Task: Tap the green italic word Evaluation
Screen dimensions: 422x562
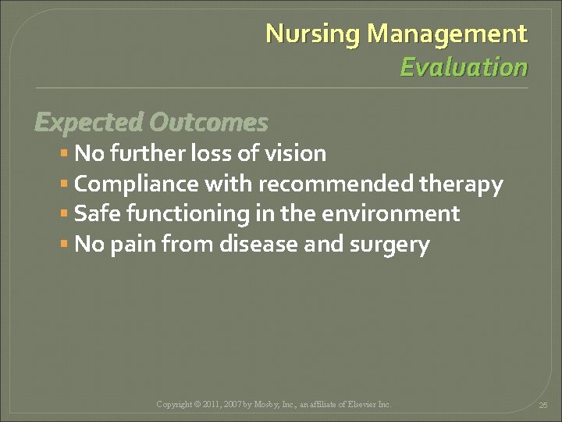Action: click(x=464, y=67)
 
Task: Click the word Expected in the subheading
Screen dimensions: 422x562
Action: click(x=88, y=123)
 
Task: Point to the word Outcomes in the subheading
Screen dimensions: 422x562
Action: click(x=208, y=123)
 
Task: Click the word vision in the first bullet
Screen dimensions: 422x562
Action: click(x=295, y=153)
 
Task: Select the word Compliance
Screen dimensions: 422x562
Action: click(x=136, y=184)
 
